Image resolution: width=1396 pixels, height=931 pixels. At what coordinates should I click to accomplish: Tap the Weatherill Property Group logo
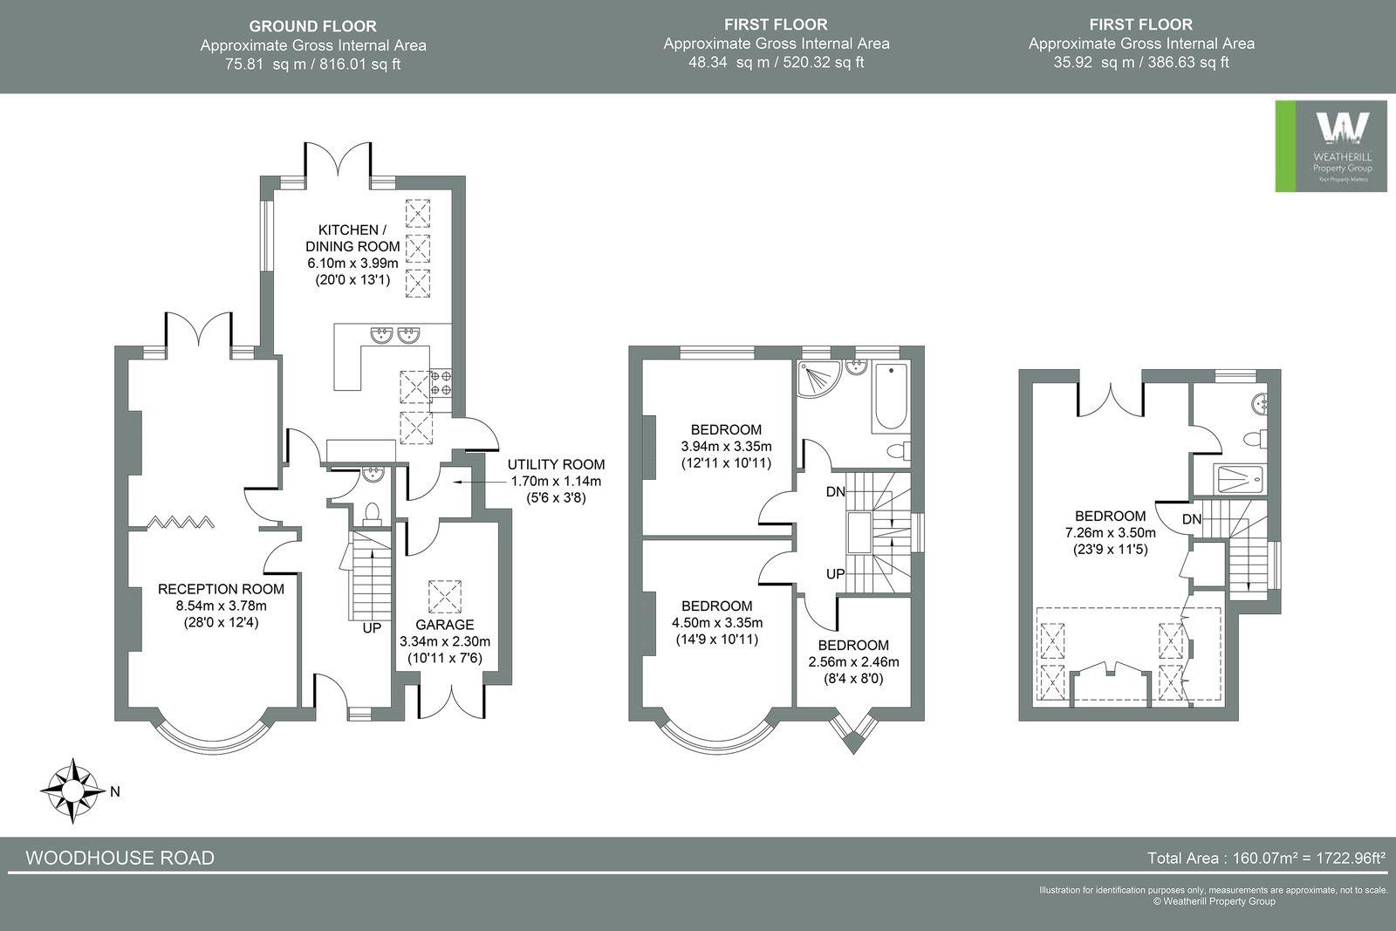coord(1331,146)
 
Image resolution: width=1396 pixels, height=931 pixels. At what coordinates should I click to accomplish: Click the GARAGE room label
coord(445,625)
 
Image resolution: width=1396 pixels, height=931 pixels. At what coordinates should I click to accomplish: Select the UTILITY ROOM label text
coord(556,465)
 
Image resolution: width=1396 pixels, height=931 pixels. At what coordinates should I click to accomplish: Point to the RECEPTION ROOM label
coord(221,589)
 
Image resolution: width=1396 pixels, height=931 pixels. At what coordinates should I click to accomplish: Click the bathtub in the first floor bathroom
coord(891,397)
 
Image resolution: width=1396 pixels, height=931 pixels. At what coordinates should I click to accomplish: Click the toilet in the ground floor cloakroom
coord(373,513)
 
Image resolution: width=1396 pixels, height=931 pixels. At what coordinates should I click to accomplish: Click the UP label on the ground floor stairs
coord(372,627)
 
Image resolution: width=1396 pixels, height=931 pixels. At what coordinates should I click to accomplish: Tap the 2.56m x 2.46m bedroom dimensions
coord(853,661)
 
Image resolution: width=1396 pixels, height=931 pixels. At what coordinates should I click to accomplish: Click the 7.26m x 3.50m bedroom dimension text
coord(1110,533)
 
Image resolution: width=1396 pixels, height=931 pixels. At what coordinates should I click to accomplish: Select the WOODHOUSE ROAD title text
coord(120,858)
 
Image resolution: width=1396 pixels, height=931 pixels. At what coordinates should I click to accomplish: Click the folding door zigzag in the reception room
coord(181,523)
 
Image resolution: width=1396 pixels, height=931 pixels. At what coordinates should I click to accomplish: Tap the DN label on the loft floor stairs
coord(1192,519)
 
